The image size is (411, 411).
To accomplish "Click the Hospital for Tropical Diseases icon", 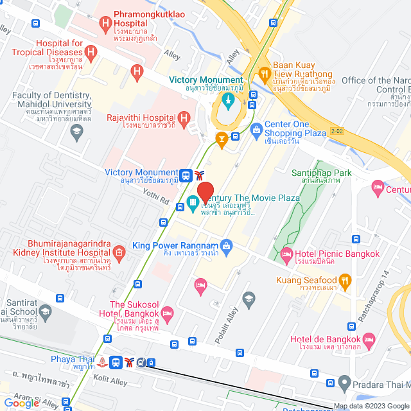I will [x=92, y=51].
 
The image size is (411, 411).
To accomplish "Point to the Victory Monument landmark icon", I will [x=227, y=100].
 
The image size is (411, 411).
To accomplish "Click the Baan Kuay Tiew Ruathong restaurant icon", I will [x=263, y=75].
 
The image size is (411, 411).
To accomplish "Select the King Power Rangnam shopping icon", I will [x=225, y=245].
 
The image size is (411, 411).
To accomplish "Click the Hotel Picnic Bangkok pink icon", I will [x=287, y=254].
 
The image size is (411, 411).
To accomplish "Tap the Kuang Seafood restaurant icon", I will [x=345, y=279].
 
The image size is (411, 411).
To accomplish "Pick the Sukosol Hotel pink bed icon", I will [x=168, y=314].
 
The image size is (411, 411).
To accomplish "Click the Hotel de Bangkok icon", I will [x=369, y=338].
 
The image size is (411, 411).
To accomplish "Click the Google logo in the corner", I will [x=22, y=403].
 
